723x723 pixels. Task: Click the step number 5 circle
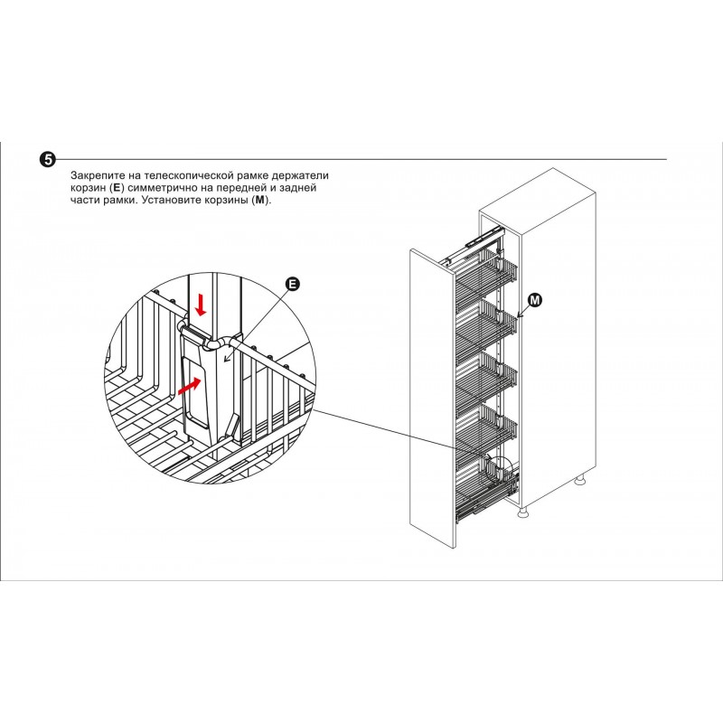(47, 160)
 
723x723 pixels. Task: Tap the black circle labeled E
(292, 284)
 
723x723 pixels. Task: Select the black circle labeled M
(534, 300)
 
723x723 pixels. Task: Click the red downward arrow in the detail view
(201, 305)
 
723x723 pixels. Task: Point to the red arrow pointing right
(190, 386)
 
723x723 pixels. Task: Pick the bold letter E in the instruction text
(117, 188)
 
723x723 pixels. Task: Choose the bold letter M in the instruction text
(261, 201)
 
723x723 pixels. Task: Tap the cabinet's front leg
(522, 512)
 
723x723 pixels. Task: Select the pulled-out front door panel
(433, 399)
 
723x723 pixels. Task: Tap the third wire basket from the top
(486, 376)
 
